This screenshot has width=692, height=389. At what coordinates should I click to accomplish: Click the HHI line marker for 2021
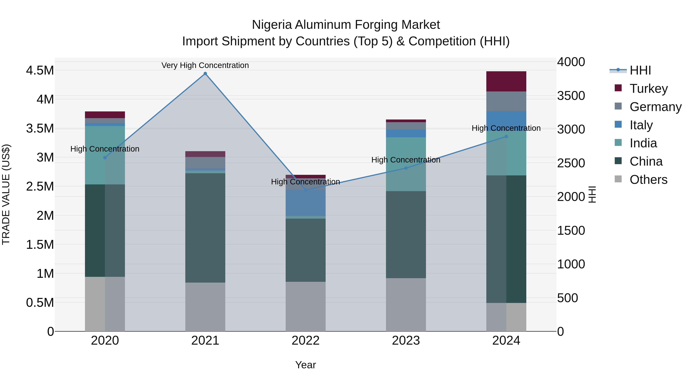205,74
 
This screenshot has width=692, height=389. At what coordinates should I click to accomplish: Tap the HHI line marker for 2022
305,190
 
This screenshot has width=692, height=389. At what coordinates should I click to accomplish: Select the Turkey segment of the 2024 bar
506,81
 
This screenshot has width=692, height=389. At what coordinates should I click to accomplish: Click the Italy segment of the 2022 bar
305,203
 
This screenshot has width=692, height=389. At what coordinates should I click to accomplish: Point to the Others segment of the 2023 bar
406,304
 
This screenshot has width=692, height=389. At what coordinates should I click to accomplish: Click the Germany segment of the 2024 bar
506,101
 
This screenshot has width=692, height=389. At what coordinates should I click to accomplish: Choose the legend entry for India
643,143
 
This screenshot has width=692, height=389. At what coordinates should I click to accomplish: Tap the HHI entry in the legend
640,70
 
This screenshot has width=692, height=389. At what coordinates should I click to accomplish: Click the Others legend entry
648,180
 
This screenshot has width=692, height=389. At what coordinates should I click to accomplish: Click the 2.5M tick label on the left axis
40,186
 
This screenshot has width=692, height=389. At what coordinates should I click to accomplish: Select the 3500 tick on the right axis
571,96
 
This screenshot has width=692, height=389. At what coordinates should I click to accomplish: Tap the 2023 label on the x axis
406,341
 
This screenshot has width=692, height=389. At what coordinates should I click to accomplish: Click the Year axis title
305,365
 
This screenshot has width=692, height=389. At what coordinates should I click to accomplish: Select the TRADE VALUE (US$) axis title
6,194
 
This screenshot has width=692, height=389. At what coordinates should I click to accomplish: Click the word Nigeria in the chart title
272,25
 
